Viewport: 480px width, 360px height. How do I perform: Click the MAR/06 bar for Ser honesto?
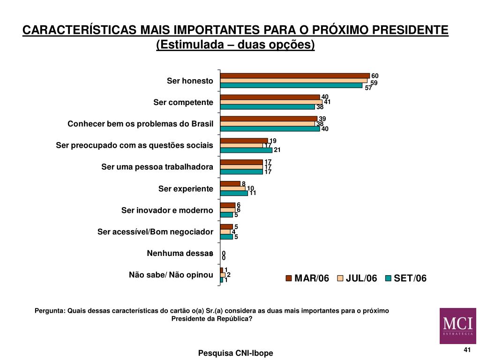coord(295,75)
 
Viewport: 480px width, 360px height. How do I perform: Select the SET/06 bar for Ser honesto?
coord(291,85)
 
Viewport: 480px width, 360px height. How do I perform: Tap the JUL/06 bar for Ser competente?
coord(271,102)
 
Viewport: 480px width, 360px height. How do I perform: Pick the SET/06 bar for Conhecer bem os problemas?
coord(270,128)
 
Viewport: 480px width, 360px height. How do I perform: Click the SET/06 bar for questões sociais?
coord(246,150)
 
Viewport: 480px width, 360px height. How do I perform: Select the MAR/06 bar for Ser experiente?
coord(230,184)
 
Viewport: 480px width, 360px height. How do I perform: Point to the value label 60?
coord(375,76)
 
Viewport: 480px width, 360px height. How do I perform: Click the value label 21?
coord(277,150)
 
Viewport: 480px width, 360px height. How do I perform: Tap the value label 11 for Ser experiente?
coord(253,193)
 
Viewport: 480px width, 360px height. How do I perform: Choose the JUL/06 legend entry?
coord(357,278)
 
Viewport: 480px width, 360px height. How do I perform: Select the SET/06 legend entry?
coord(406,278)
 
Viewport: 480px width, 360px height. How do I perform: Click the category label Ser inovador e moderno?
coord(167,210)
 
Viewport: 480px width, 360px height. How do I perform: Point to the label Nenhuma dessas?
coord(180,254)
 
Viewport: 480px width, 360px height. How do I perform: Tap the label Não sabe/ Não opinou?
coord(171,275)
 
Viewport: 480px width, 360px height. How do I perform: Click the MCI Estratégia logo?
coord(458,326)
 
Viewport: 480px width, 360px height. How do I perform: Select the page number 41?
coord(467,350)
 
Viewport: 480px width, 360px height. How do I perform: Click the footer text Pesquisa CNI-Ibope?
coord(235,353)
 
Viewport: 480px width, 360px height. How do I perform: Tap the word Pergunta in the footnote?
coord(50,311)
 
